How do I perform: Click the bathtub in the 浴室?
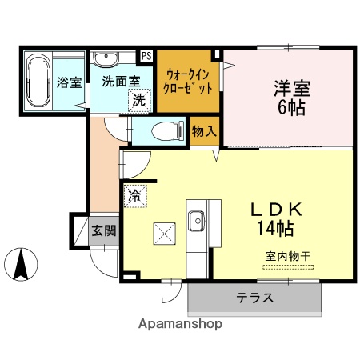[38, 82]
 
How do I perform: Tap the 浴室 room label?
[70, 82]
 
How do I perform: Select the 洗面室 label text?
[120, 80]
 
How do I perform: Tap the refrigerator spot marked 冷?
[133, 194]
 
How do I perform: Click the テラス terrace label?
[254, 298]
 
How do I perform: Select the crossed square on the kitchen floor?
[164, 234]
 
